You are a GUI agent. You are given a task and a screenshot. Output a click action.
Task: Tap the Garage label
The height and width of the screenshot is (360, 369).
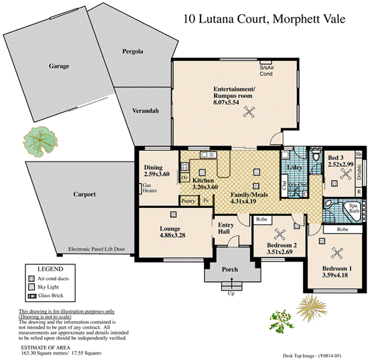pos(59,66)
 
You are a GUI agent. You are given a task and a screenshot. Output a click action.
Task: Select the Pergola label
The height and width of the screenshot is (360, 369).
pos(132,52)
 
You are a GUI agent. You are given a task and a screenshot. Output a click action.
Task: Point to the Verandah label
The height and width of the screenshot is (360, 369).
pos(145,111)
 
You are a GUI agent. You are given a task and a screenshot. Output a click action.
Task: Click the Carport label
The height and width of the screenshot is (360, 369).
pos(85,194)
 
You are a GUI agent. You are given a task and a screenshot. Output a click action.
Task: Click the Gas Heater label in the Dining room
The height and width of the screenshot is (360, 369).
pos(149,189)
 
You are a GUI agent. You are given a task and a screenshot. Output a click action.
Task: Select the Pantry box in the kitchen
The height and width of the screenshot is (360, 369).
pos(188,200)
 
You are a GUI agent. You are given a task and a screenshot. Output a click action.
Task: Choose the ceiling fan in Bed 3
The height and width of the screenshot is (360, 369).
pos(345,175)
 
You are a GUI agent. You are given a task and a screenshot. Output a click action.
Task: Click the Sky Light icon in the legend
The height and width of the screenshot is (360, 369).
pos(32,287)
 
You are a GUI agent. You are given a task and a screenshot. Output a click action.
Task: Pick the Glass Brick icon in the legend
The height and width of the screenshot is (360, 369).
pos(32,296)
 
